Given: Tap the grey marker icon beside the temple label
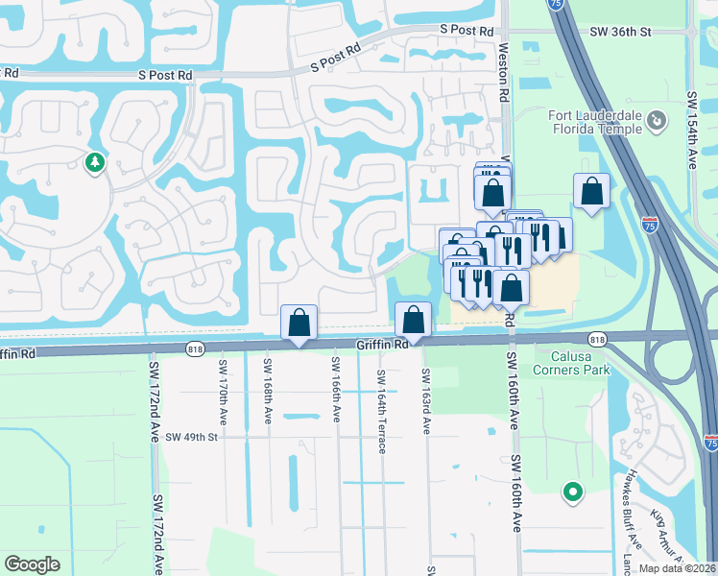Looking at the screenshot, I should point(657,121).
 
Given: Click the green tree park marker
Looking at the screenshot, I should point(94,163).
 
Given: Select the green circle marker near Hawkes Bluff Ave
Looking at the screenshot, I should point(573,492).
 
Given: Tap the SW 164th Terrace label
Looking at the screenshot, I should point(381,412).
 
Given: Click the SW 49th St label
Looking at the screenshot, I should point(192,438).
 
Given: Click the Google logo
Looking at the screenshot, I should point(32,564).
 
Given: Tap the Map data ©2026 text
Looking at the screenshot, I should point(677,568).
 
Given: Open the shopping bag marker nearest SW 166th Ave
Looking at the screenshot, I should point(299,322).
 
